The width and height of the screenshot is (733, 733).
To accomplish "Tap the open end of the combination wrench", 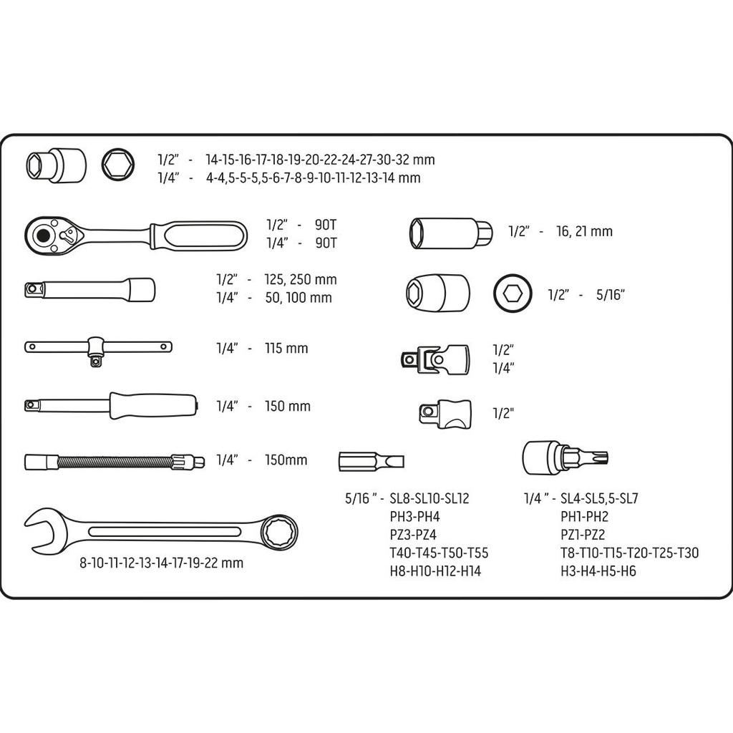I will tap(43, 530).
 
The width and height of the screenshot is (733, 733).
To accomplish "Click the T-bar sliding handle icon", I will tap(98, 348).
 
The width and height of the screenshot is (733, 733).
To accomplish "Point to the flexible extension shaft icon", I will tap(115, 462).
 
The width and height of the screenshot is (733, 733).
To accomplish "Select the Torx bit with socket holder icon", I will tap(565, 457).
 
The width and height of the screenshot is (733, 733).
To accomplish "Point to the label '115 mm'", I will tap(286, 349).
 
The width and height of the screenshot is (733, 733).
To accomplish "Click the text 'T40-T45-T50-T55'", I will tap(439, 553).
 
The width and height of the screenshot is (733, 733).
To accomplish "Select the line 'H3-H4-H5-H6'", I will tap(598, 571).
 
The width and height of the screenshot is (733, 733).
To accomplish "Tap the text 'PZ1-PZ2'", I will tap(583, 534).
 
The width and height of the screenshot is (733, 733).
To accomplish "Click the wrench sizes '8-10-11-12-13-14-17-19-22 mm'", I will tap(162, 563).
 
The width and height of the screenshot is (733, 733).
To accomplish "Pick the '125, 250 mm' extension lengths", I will tap(300, 279).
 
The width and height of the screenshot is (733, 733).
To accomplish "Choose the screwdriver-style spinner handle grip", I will tap(152, 406).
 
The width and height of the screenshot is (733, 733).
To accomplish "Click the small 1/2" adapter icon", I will tap(445, 413).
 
